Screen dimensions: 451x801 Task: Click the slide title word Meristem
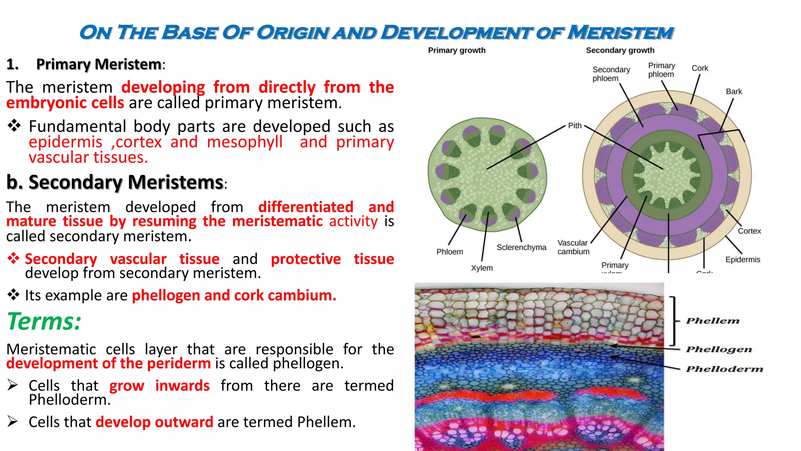point(620,32)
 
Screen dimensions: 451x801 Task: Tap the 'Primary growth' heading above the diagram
point(456,50)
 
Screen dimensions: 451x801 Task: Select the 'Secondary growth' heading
point(620,50)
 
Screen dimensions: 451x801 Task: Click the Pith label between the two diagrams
point(575,126)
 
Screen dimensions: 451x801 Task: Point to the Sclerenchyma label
point(521,247)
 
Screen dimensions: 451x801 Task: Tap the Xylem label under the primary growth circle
point(481,268)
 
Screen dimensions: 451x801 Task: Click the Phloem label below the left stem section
point(449,252)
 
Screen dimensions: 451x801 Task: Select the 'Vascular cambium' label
point(573,247)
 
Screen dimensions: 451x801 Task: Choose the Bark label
point(734,92)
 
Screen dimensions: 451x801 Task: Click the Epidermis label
point(742,260)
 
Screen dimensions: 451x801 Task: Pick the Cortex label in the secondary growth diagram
point(749,231)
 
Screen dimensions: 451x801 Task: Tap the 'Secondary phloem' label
point(611,74)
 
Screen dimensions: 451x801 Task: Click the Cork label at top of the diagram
point(700,68)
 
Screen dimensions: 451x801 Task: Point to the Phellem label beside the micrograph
point(713,321)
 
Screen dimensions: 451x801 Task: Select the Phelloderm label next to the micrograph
point(724,369)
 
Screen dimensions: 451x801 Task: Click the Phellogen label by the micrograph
point(719,349)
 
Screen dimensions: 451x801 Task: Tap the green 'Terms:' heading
point(44,322)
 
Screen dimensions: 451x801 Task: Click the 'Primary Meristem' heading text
point(99,64)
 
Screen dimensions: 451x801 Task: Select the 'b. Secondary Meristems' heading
point(115,182)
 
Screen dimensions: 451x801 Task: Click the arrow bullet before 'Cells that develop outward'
point(13,421)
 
